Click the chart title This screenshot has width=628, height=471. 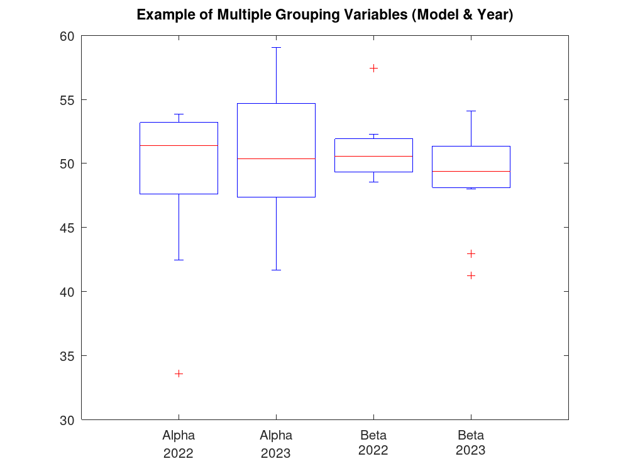pyautogui.click(x=325, y=15)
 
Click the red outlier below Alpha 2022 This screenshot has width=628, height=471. pyautogui.click(x=179, y=374)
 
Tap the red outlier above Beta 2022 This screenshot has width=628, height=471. pyautogui.click(x=373, y=68)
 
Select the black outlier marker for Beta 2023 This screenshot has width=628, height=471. pyautogui.click(x=471, y=253)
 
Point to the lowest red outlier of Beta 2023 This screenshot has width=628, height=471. pyautogui.click(x=471, y=275)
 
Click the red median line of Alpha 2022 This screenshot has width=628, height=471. pyautogui.click(x=179, y=145)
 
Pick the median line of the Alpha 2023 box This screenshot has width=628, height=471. pyautogui.click(x=276, y=158)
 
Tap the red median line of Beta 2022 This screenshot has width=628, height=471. pyautogui.click(x=373, y=156)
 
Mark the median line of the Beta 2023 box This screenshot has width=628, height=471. pyautogui.click(x=471, y=171)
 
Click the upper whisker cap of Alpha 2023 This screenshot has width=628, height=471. pyautogui.click(x=276, y=47)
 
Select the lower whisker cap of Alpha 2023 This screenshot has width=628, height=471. pyautogui.click(x=276, y=270)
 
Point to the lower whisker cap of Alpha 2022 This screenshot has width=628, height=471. pyautogui.click(x=179, y=260)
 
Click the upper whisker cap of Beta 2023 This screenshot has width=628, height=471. pyautogui.click(x=471, y=111)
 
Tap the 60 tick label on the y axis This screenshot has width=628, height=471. pyautogui.click(x=67, y=36)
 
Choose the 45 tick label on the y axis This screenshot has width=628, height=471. pyautogui.click(x=67, y=228)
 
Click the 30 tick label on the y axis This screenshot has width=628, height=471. pyautogui.click(x=67, y=420)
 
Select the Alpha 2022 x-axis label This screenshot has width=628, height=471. pyautogui.click(x=179, y=443)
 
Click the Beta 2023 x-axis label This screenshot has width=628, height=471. pyautogui.click(x=471, y=443)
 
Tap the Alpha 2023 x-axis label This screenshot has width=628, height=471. pyautogui.click(x=276, y=443)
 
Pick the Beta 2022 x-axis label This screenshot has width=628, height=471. pyautogui.click(x=373, y=443)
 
